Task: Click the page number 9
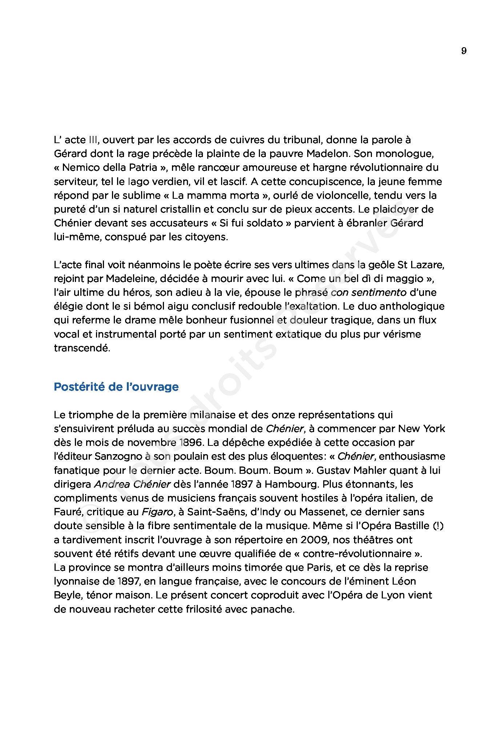point(464,51)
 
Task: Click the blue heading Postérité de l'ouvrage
point(116,387)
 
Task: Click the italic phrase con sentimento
point(368,292)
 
